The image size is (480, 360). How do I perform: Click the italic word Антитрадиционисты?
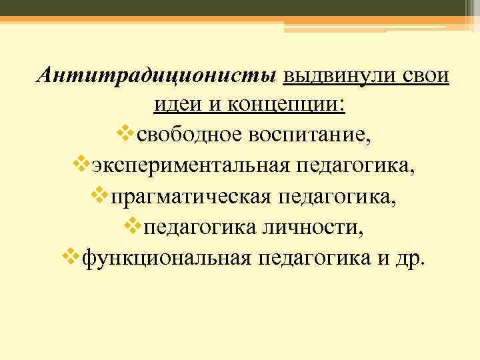(157, 75)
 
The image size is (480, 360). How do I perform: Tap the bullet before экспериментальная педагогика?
(82, 165)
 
